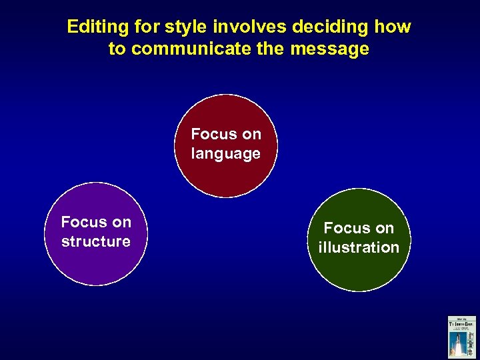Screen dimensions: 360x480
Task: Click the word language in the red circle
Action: click(225, 154)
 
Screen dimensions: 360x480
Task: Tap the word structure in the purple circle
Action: click(95, 241)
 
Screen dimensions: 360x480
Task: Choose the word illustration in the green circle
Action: click(359, 247)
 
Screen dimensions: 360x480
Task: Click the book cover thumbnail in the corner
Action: click(461, 337)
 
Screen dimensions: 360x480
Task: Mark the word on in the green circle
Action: click(385, 228)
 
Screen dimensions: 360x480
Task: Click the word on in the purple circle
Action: click(121, 221)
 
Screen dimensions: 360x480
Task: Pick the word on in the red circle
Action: click(251, 134)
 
